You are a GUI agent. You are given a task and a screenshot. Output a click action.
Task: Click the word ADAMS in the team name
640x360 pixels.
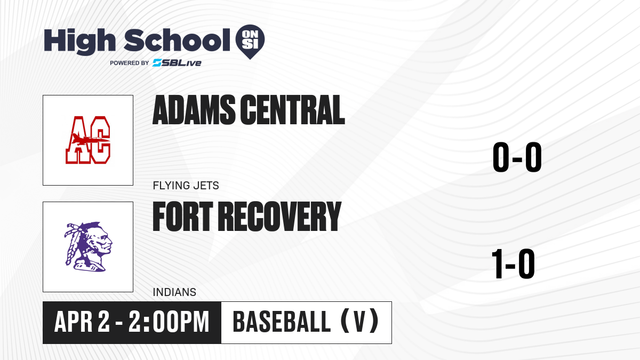pyautogui.click(x=194, y=110)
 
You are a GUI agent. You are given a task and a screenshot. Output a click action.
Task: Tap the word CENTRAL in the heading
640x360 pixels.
pyautogui.click(x=293, y=110)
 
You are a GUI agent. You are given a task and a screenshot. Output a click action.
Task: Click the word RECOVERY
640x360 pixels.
pyautogui.click(x=279, y=217)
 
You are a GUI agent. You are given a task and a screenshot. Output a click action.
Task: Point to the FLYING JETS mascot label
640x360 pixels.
pyautogui.click(x=186, y=186)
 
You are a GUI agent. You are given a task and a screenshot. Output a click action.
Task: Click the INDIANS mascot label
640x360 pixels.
pyautogui.click(x=174, y=292)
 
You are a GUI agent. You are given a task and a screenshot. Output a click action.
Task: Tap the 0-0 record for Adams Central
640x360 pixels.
pyautogui.click(x=517, y=157)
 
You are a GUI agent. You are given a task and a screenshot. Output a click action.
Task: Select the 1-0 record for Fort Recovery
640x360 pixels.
pyautogui.click(x=513, y=263)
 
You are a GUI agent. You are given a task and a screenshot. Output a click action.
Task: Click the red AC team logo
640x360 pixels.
pyautogui.click(x=87, y=140)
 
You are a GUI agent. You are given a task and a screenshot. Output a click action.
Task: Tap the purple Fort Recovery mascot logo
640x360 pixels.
pyautogui.click(x=88, y=246)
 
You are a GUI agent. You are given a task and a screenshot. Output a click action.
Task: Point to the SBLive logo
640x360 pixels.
pyautogui.click(x=177, y=63)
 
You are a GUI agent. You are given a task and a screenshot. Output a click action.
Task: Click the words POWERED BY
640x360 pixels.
pyautogui.click(x=130, y=63)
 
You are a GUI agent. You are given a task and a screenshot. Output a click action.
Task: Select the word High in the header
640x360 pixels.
pyautogui.click(x=79, y=42)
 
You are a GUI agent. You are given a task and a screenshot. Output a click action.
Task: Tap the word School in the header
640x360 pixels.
pyautogui.click(x=177, y=41)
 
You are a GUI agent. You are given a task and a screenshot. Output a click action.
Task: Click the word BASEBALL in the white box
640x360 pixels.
pyautogui.click(x=282, y=322)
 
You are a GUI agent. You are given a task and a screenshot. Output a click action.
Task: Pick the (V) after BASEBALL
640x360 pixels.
pyautogui.click(x=359, y=322)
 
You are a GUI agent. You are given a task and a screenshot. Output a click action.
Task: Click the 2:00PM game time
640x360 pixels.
pyautogui.click(x=169, y=322)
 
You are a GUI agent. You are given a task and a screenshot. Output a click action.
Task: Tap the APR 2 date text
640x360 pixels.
pyautogui.click(x=82, y=322)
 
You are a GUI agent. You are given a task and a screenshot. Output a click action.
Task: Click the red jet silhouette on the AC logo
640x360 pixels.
pyautogui.click(x=90, y=139)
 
